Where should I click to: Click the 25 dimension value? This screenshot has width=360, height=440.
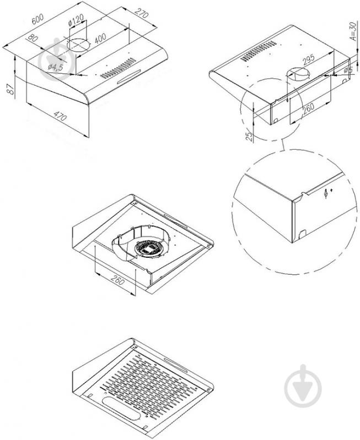249,135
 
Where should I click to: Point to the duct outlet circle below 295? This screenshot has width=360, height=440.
298,74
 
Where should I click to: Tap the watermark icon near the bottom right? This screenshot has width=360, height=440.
302,383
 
